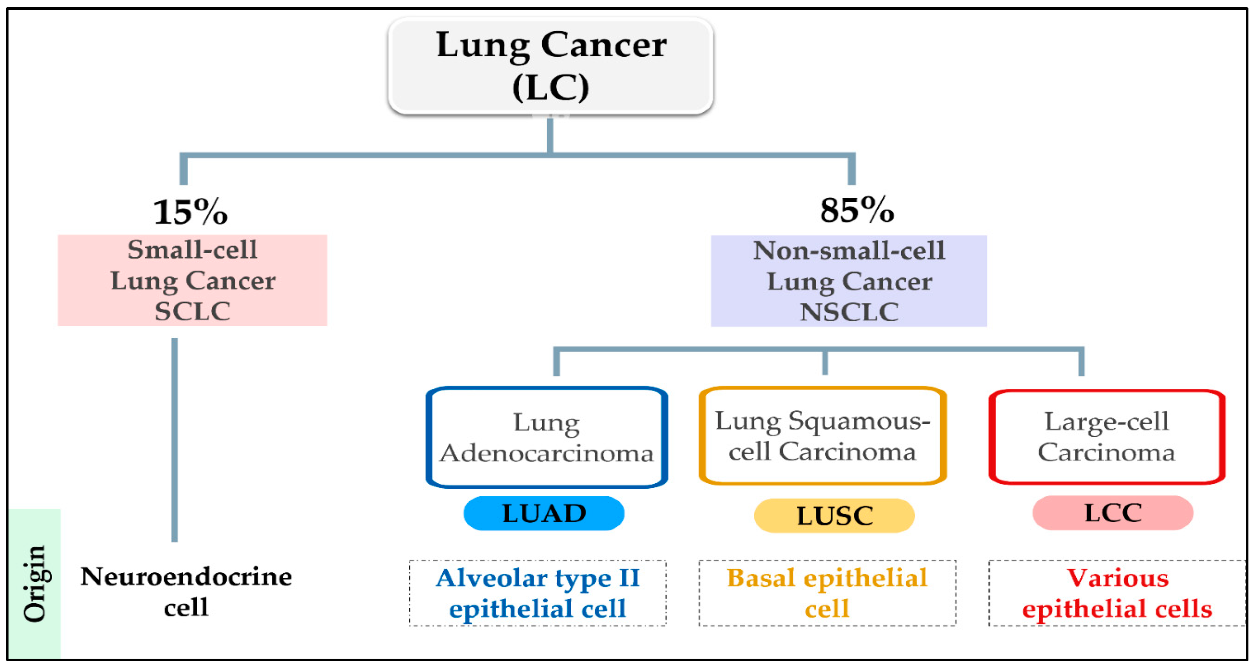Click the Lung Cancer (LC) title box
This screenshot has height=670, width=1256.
click(550, 66)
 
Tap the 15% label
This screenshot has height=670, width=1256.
click(190, 213)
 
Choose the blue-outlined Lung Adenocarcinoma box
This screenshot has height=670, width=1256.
click(547, 437)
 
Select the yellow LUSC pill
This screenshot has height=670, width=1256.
click(834, 516)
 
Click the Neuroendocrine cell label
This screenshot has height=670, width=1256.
click(186, 591)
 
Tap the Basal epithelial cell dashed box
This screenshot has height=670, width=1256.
click(827, 593)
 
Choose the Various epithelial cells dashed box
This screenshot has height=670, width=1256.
click(1117, 593)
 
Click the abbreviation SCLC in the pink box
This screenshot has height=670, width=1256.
click(193, 312)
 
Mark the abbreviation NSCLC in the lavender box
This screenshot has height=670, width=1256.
click(849, 312)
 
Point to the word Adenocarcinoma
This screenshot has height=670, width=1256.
click(547, 453)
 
